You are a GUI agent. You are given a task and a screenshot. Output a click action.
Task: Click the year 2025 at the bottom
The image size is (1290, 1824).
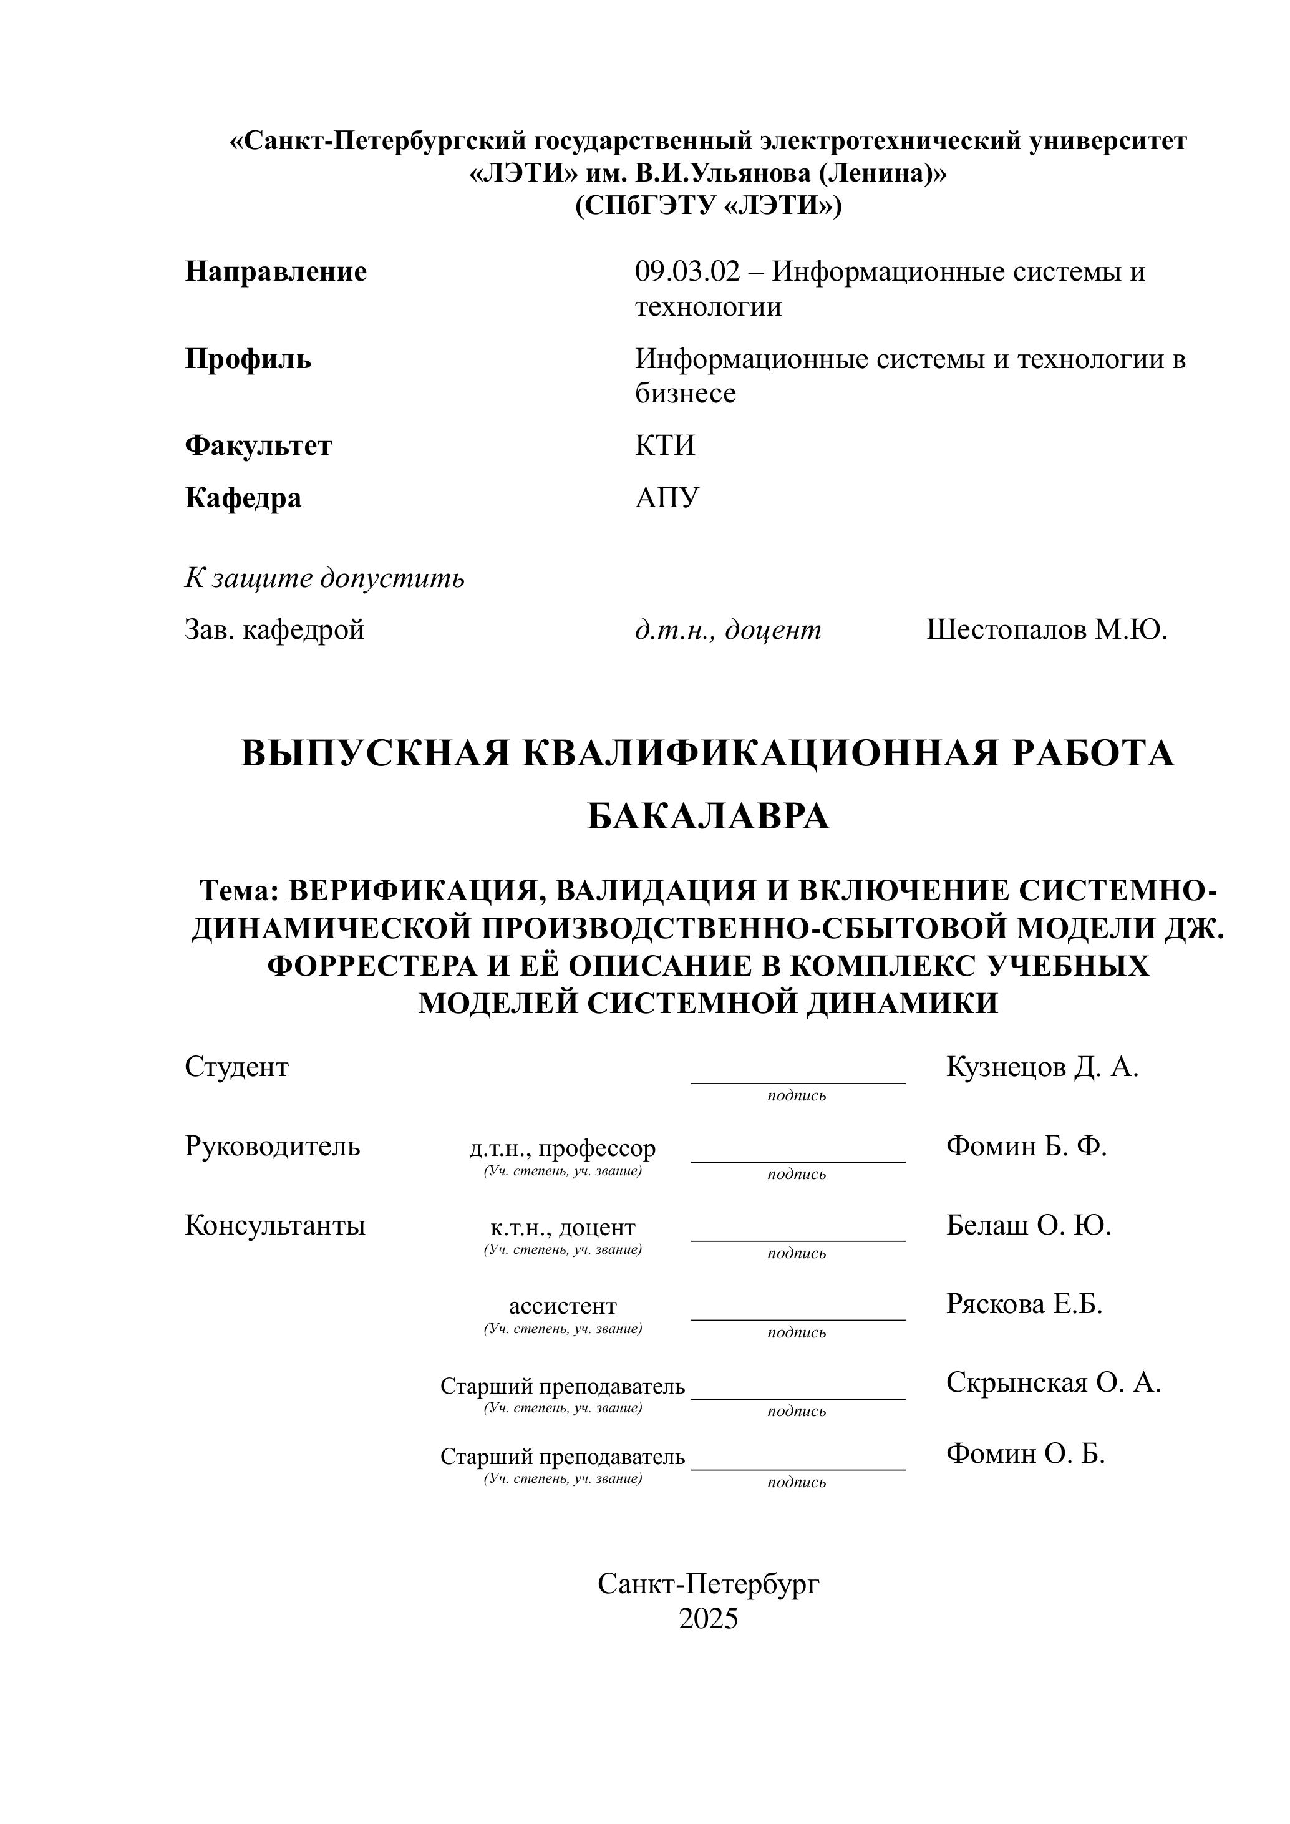coord(708,1618)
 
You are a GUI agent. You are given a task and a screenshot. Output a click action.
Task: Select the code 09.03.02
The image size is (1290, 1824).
coord(687,273)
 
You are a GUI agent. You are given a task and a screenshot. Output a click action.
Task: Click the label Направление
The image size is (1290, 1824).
coord(276,273)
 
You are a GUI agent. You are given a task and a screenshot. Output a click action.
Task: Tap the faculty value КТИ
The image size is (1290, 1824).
coord(665,445)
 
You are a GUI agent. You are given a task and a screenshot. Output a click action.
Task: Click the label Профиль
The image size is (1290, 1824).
coord(248,360)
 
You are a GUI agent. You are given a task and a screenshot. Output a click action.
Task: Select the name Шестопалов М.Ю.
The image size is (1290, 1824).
coord(1046,630)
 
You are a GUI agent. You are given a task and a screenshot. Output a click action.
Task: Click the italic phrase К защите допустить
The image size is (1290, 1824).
coord(325,578)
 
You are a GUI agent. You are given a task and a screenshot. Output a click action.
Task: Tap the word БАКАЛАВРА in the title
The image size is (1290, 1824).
coord(708,817)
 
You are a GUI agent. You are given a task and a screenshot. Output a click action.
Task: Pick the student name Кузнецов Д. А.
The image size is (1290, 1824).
coord(1042,1067)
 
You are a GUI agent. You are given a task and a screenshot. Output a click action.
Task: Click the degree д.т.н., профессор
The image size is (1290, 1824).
coord(563,1149)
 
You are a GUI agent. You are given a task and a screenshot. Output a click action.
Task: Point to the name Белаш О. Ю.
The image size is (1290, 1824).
coord(1029,1225)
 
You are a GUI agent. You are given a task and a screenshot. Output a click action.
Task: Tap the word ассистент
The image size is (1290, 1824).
coord(563,1306)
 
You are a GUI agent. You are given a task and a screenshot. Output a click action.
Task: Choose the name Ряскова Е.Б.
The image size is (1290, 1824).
coord(1024,1304)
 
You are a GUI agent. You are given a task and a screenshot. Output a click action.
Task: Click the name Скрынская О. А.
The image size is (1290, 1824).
coord(1054,1382)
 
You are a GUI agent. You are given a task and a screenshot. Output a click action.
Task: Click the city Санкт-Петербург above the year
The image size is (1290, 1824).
coord(708,1583)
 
